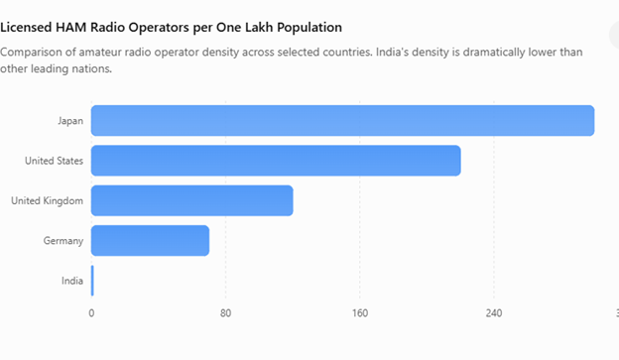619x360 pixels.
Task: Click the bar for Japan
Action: coord(342,120)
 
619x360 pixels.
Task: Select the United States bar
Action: coord(276,161)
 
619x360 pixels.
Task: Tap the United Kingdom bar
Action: coord(192,200)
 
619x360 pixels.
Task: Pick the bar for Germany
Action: coord(150,240)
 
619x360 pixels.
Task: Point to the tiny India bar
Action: coord(92,281)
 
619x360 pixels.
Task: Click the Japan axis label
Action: coord(70,121)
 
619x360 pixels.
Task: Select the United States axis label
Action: coord(55,161)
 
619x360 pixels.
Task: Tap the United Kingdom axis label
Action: coord(47,201)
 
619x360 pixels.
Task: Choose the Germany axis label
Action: coord(63,241)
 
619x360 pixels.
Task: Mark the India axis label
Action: coord(72,281)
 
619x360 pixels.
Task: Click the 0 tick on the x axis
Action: coord(91,313)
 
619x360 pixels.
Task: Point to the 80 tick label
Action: coord(225,313)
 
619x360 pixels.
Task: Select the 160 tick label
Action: coord(360,313)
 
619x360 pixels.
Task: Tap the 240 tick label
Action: coord(494,313)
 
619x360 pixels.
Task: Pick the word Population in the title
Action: coord(309,28)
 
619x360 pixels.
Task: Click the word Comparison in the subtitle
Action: coord(31,53)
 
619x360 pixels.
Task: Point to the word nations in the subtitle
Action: coord(97,69)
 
